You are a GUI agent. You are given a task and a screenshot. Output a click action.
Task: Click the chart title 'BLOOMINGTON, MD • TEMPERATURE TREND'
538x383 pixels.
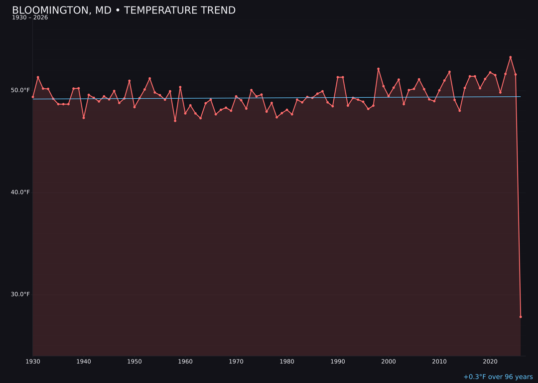pos(124,10)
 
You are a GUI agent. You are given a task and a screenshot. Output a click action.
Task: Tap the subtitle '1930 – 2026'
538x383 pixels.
pos(30,18)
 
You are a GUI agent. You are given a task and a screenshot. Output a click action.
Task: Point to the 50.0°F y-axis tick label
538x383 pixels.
pos(20,90)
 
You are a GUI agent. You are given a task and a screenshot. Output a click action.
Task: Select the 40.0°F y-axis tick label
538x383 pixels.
pos(20,192)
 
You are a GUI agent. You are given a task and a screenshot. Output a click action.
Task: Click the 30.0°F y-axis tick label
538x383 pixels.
pos(20,294)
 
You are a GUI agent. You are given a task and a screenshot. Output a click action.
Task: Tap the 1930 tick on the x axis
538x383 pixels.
pos(33,362)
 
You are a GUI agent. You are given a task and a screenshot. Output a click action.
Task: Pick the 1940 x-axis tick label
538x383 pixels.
pos(84,362)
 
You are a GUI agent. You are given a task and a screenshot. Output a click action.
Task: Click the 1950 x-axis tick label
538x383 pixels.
pos(134,362)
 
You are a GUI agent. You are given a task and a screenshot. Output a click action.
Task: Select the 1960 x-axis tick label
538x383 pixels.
pos(185,362)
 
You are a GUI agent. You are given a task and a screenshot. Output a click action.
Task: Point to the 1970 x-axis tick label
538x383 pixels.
pos(236,362)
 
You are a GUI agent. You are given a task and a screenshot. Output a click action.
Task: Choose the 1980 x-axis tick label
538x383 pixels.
pos(287,362)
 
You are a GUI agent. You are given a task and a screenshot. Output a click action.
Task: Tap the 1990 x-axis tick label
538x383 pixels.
pos(338,362)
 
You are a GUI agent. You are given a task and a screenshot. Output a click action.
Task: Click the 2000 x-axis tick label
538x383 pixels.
pos(389,362)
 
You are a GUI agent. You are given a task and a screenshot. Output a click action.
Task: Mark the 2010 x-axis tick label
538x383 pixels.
pos(439,362)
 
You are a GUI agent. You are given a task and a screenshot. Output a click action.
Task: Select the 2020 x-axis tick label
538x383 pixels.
pos(490,362)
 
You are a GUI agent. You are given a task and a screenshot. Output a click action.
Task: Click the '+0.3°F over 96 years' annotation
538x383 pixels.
pos(498,377)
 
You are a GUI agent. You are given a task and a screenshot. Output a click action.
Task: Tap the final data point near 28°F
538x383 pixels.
pos(521,317)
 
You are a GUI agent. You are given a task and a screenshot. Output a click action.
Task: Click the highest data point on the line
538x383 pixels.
pos(511,57)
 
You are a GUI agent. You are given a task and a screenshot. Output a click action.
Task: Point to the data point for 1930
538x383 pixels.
pos(33,97)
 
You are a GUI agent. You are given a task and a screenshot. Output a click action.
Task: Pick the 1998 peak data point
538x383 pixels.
pos(378,69)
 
